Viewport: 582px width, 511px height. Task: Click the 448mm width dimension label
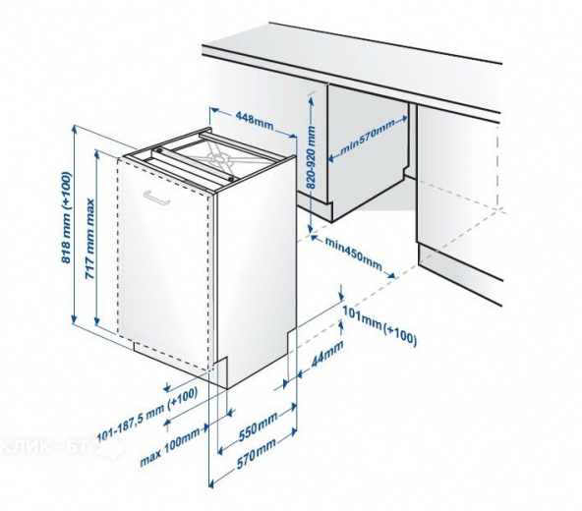(x=254, y=118)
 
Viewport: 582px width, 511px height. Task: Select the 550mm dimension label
(x=258, y=426)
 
